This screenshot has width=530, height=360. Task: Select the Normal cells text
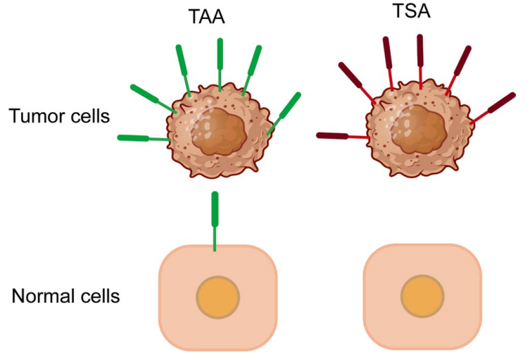65,295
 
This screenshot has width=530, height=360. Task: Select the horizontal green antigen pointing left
133,137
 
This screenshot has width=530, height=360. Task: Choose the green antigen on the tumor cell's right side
289,105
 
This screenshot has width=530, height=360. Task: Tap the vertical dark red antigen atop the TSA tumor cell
420,51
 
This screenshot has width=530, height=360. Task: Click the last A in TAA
218,18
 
